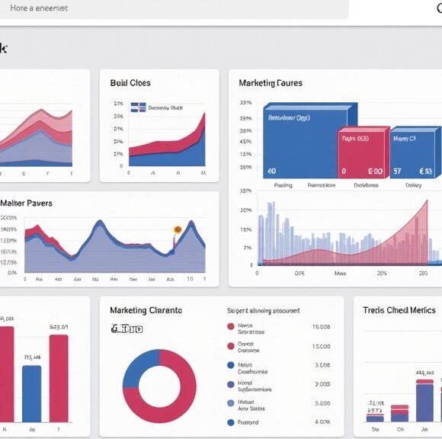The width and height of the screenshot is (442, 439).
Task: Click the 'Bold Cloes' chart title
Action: pyautogui.click(x=130, y=83)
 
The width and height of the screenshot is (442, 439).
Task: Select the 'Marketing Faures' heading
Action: pyautogui.click(x=270, y=83)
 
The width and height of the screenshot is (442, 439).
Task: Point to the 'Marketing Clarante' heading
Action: pyautogui.click(x=146, y=310)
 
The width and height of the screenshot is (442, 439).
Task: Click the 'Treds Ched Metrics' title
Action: pyautogui.click(x=399, y=310)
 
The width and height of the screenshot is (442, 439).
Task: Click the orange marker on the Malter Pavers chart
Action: pyautogui.click(x=177, y=229)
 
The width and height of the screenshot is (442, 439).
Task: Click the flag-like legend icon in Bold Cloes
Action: pyautogui.click(x=139, y=107)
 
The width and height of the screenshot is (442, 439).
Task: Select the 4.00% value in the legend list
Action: pyautogui.click(x=321, y=421)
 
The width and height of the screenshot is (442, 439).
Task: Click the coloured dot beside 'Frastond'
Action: pyautogui.click(x=231, y=421)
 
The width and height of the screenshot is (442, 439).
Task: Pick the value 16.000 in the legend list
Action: pyautogui.click(x=321, y=326)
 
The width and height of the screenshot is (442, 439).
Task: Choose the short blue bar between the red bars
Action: pyautogui.click(x=31, y=393)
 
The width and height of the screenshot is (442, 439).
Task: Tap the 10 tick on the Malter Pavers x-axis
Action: pyautogui.click(x=191, y=280)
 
